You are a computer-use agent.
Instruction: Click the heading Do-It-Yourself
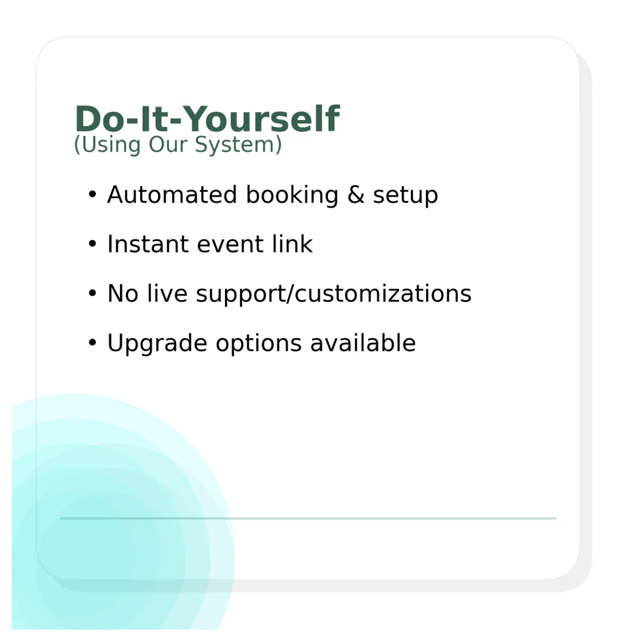tap(207, 119)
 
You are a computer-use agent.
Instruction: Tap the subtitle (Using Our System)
tap(178, 145)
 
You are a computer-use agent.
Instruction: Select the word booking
tap(292, 196)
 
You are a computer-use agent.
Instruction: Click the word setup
tap(405, 196)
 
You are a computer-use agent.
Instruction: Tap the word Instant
tap(148, 244)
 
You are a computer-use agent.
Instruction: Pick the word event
tap(230, 245)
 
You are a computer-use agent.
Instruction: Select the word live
tap(167, 293)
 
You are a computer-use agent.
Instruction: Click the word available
tap(363, 342)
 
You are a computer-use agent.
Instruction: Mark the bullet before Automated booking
tap(92, 194)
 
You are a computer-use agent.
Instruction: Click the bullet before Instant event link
tap(92, 244)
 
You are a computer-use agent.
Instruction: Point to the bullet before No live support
tap(92, 293)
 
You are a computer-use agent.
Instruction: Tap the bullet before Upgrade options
tap(92, 342)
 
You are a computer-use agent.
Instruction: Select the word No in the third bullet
tap(123, 293)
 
